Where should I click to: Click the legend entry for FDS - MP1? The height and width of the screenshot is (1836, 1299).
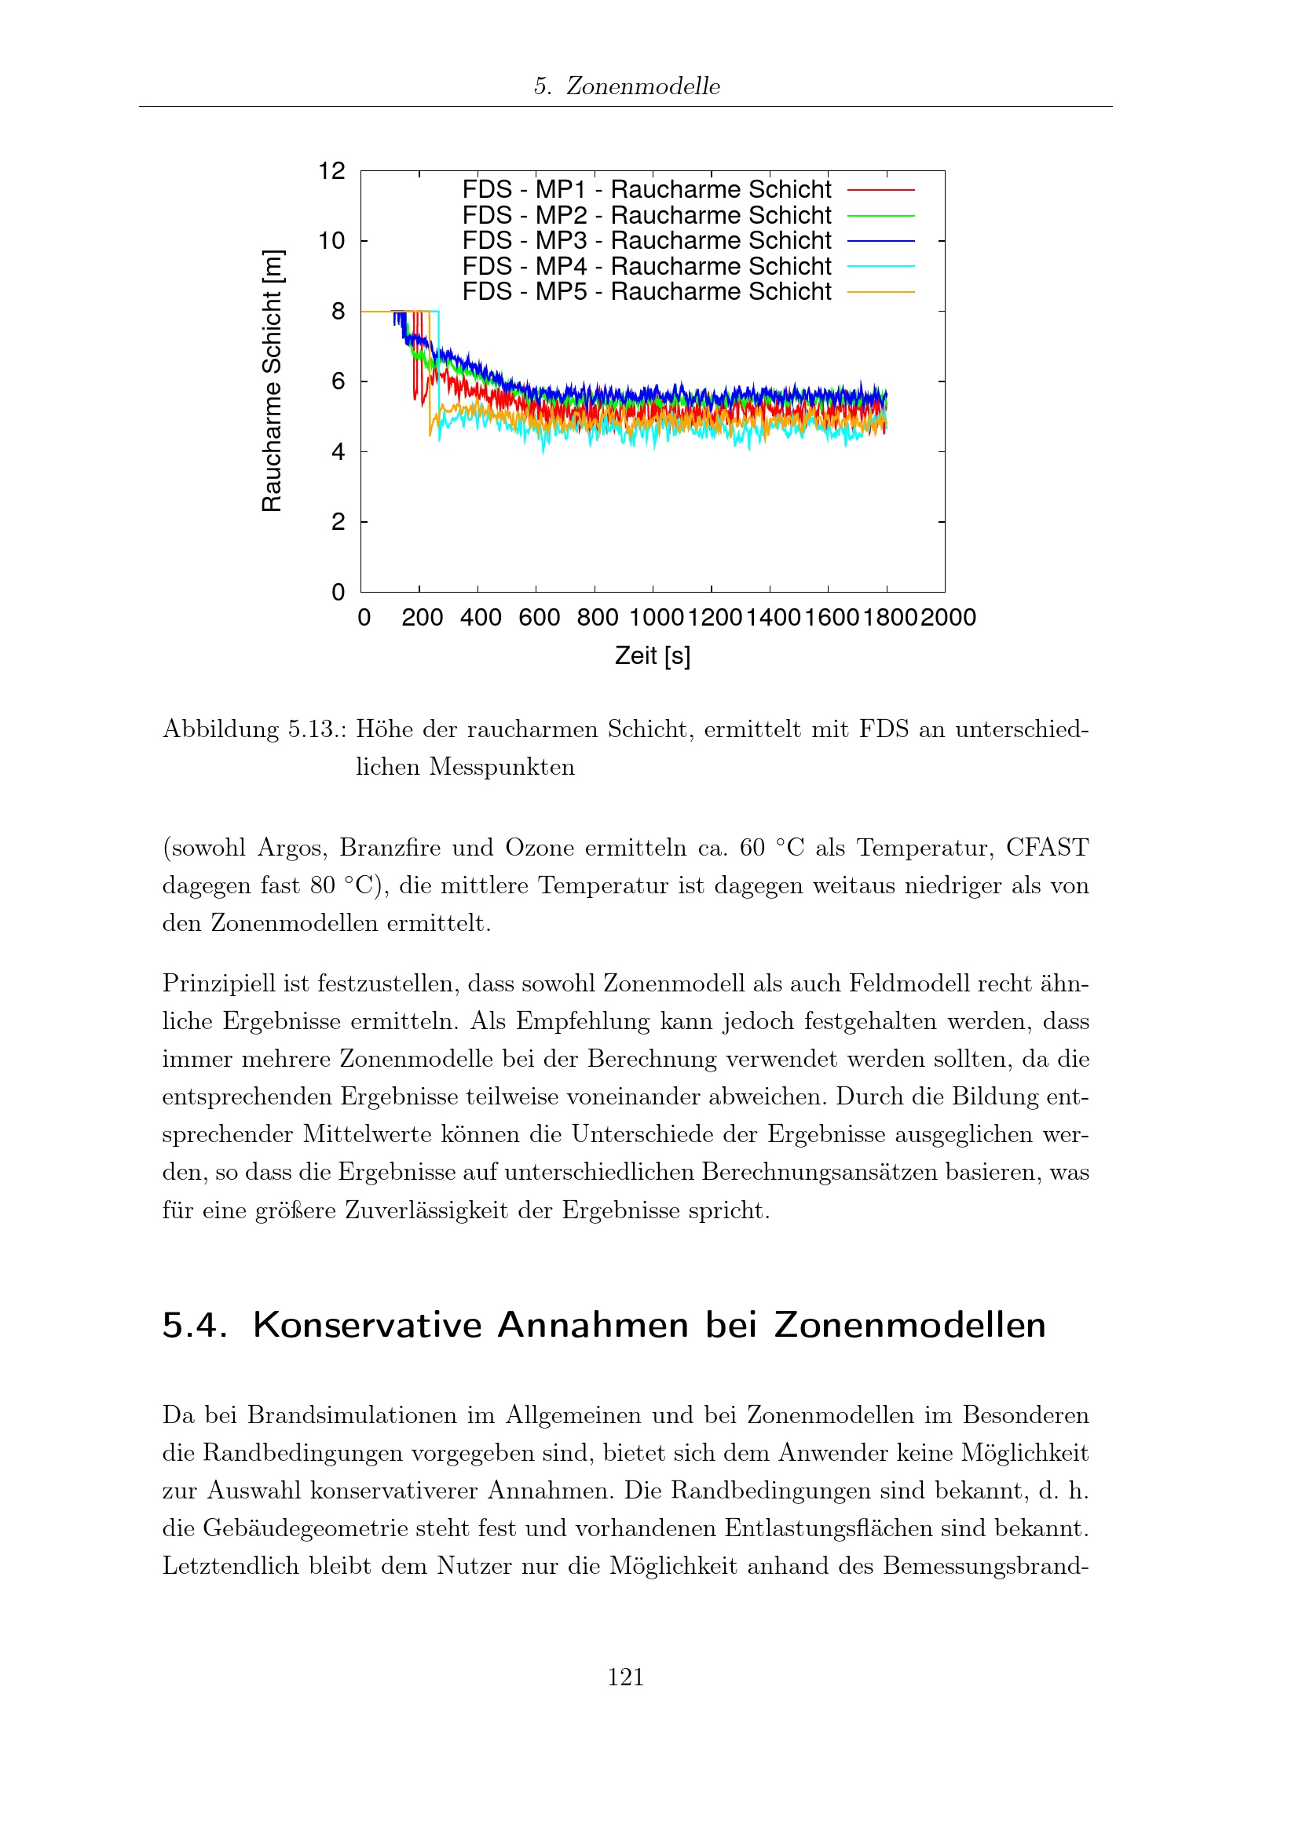point(646,189)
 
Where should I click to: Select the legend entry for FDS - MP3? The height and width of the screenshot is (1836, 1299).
point(646,241)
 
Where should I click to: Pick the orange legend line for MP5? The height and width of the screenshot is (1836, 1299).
point(880,293)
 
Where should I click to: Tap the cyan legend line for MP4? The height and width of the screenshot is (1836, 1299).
point(880,266)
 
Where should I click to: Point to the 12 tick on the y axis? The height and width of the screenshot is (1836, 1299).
point(332,171)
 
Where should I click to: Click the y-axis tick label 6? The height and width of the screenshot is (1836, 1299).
point(338,381)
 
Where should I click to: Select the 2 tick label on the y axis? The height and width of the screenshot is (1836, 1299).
point(338,522)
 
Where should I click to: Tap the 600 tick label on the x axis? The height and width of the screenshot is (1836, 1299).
point(539,618)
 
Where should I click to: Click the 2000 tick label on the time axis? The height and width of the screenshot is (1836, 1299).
point(949,618)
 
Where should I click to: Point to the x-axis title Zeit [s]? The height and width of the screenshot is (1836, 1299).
point(653,655)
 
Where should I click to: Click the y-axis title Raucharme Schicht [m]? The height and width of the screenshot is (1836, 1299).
point(273,381)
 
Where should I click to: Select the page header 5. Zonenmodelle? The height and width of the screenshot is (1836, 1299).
point(626,86)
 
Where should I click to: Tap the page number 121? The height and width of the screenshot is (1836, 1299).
point(625,1677)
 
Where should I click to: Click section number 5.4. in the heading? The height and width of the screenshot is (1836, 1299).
point(194,1325)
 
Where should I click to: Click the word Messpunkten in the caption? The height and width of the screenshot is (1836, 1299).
point(502,768)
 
